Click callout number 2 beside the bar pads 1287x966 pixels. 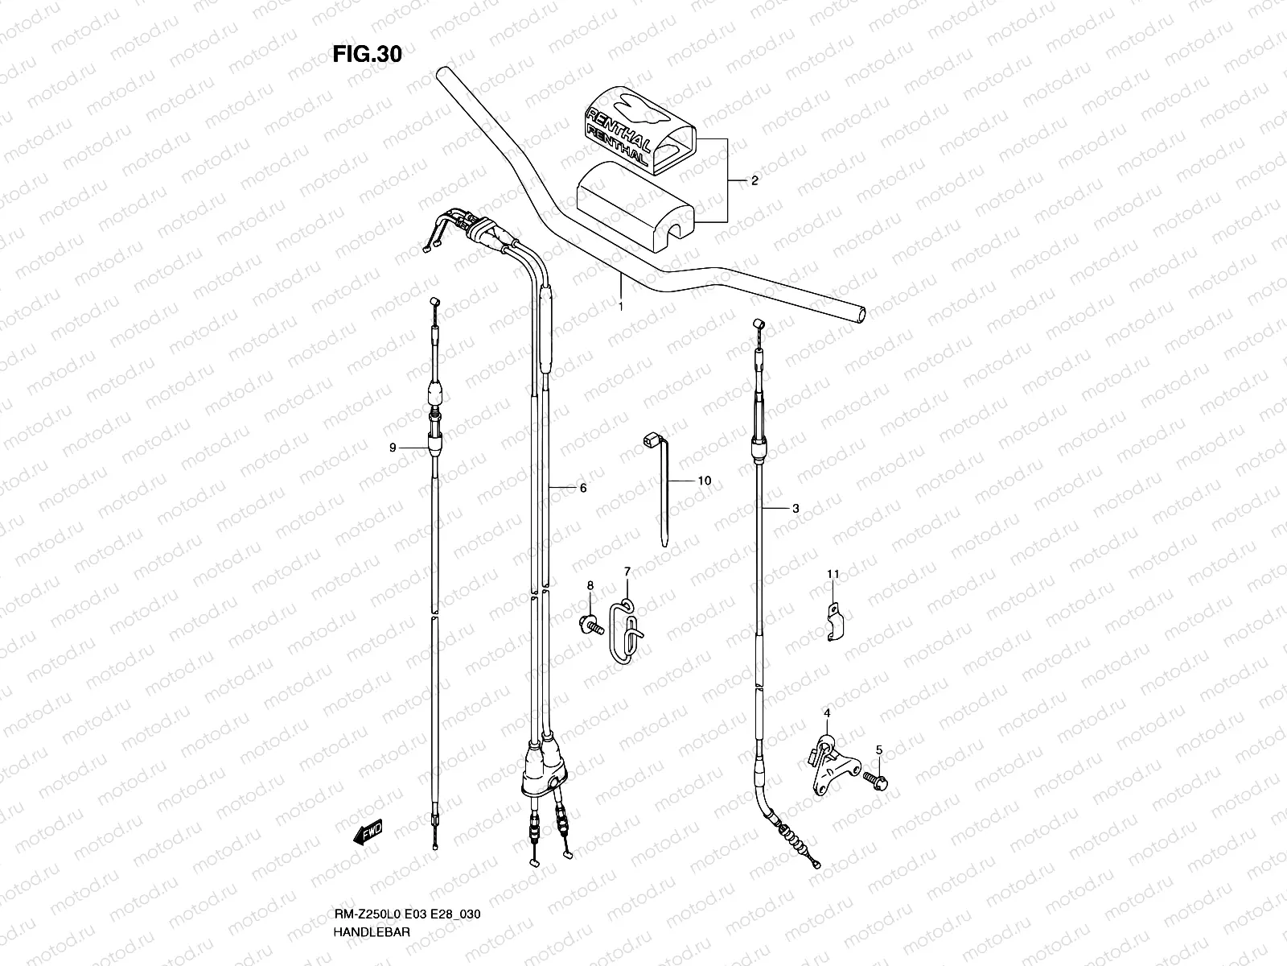point(755,181)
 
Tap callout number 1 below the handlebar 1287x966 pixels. point(621,307)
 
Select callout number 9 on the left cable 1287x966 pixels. point(393,448)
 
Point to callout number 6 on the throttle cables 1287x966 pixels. point(583,488)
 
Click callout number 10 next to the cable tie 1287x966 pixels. point(704,481)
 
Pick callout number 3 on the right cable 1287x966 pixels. point(795,508)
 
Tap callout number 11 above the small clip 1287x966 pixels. point(833,574)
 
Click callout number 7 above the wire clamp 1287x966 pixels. point(627,572)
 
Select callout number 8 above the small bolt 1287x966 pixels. point(590,585)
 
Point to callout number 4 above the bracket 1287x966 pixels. point(826,713)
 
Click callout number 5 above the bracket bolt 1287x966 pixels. point(879,749)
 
